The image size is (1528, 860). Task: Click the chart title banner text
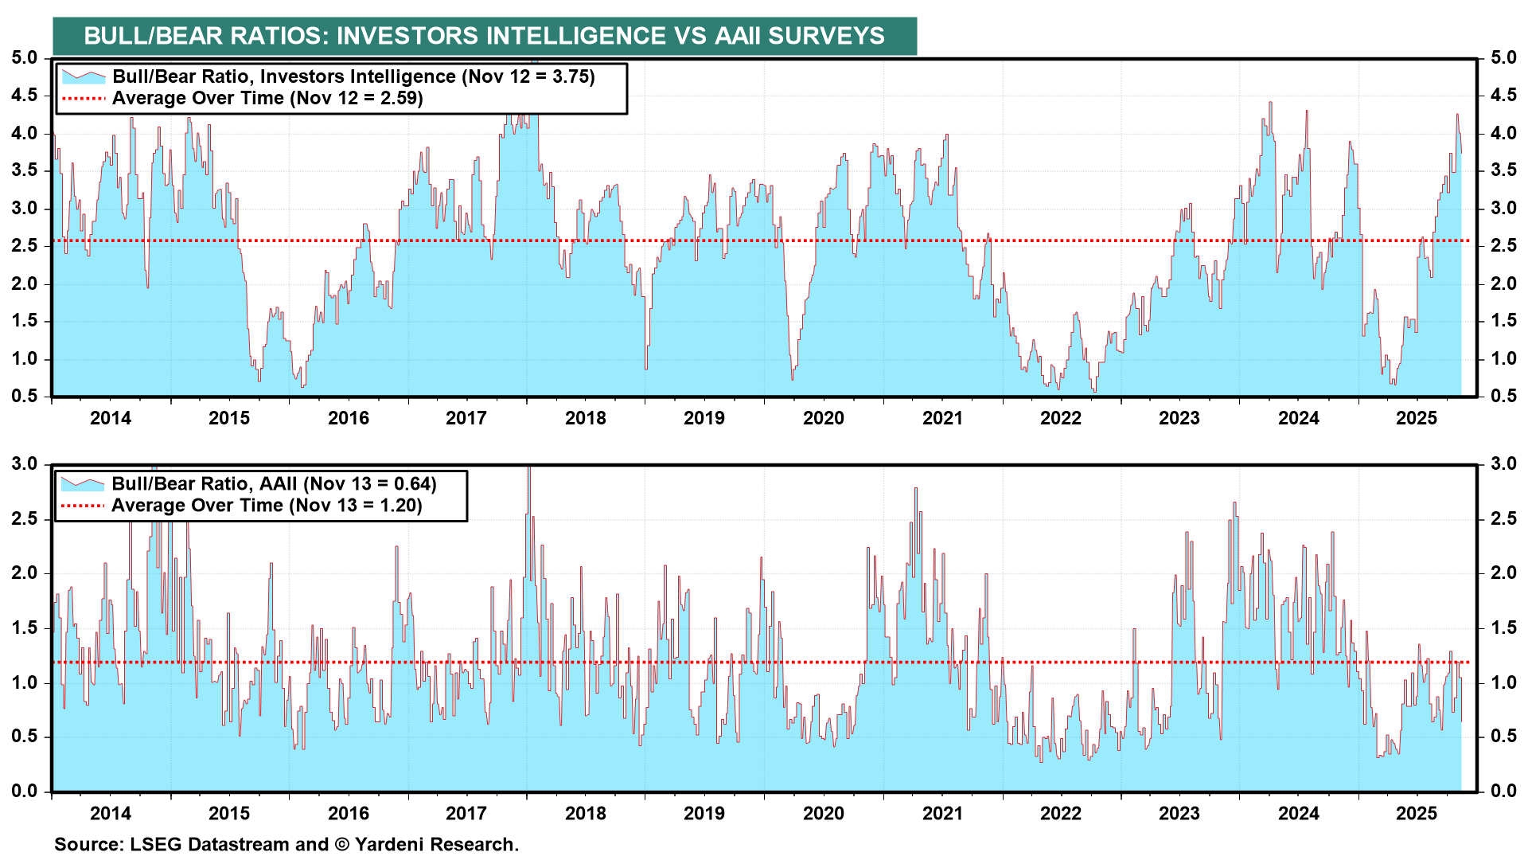coord(484,36)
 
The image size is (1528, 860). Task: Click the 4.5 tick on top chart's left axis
coord(24,96)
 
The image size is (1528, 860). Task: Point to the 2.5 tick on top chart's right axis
coord(1503,246)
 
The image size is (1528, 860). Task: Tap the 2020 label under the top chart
coord(823,418)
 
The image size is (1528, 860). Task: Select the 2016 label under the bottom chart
coord(348,813)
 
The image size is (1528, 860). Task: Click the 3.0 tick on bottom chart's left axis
coord(24,464)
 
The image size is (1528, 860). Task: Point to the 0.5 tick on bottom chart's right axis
coord(1503,737)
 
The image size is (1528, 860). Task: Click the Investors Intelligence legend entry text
coord(353,76)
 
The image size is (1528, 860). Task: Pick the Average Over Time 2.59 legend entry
coord(267,98)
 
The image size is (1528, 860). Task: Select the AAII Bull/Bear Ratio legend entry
coord(274,483)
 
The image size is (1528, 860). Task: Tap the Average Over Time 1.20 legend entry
coord(267,506)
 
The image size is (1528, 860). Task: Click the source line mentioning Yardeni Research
coord(286,844)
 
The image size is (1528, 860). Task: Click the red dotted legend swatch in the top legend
coord(83,99)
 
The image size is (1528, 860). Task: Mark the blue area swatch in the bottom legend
coord(83,483)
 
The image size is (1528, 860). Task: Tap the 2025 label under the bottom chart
coord(1417,813)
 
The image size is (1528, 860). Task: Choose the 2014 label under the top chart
coord(110,418)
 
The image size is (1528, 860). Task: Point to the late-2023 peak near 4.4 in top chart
coord(1270,103)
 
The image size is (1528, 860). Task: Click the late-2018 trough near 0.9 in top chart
coord(646,368)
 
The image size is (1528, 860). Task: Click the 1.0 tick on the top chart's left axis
coord(24,359)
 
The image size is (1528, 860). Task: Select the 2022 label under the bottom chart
coord(1060,813)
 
